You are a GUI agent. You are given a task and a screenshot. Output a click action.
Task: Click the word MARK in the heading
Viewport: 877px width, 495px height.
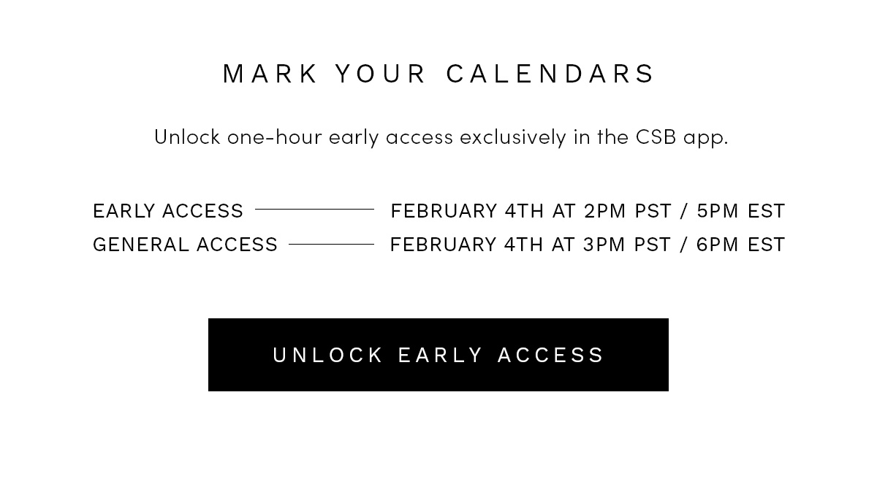tap(270, 74)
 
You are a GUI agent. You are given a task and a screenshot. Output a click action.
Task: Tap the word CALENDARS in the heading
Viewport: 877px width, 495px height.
tap(550, 74)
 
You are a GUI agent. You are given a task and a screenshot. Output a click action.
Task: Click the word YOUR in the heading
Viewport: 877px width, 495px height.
tap(381, 74)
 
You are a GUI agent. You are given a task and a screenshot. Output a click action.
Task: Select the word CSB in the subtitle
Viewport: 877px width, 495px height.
tap(656, 137)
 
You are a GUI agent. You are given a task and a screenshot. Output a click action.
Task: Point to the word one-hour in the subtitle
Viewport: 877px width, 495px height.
tap(275, 137)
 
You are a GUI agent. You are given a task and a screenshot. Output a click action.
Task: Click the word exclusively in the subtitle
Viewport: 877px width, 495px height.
tap(513, 137)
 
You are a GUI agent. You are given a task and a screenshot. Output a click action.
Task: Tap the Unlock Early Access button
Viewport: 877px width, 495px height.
tap(438, 355)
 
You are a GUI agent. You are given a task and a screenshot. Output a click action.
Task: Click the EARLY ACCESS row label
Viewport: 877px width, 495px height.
tap(168, 211)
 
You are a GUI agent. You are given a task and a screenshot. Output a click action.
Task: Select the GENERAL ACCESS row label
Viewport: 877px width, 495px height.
tap(185, 245)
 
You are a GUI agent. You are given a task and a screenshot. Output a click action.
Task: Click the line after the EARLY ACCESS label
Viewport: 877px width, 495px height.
tap(314, 210)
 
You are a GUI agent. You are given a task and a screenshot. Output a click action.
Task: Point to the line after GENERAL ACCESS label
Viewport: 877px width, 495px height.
tap(331, 245)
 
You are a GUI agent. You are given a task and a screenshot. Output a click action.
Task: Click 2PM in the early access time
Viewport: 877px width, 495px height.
tap(605, 211)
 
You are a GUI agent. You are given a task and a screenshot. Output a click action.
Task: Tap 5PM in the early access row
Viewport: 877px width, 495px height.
tap(717, 211)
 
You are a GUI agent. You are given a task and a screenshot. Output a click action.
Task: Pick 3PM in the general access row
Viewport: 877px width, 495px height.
tap(604, 245)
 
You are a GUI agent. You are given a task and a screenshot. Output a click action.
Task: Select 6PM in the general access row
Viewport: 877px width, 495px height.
tap(717, 245)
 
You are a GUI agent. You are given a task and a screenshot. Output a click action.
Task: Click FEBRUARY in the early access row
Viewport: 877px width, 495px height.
tap(444, 211)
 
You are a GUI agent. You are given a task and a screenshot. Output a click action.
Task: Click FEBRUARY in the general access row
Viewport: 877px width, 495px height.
tap(443, 245)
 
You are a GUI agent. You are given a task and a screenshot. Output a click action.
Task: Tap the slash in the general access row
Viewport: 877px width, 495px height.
tap(684, 245)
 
